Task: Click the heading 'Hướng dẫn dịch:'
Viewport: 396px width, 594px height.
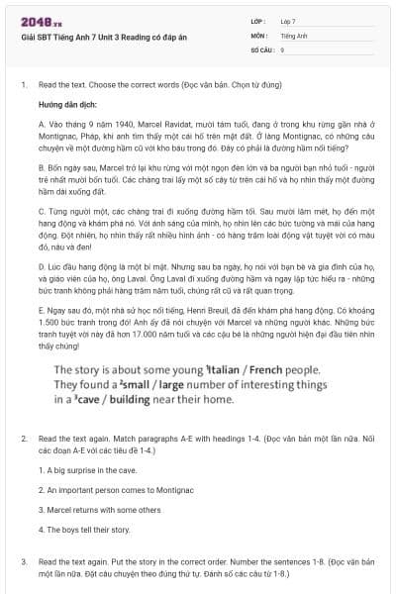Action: pyautogui.click(x=65, y=103)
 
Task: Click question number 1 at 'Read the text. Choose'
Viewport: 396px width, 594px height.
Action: pyautogui.click(x=23, y=85)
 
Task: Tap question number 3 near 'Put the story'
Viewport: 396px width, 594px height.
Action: pyautogui.click(x=23, y=560)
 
